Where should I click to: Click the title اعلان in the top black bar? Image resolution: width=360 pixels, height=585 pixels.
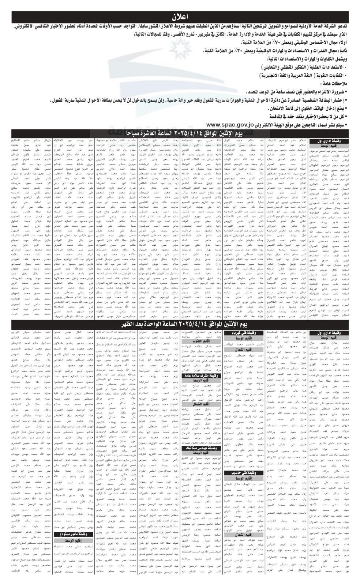[180, 16]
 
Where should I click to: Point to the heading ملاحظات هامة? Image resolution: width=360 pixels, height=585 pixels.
[333, 83]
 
